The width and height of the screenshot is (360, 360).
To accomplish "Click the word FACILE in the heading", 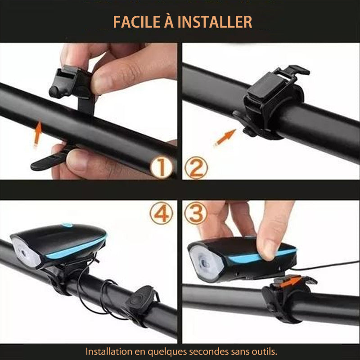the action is tap(137, 22).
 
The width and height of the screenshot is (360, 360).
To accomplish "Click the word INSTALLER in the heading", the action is tap(215, 22).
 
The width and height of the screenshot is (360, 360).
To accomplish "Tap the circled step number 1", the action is tap(161, 167).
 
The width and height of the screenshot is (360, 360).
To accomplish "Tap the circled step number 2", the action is tap(196, 167).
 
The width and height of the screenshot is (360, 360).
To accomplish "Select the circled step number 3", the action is tap(196, 213).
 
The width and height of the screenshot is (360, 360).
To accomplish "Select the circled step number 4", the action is tap(161, 213).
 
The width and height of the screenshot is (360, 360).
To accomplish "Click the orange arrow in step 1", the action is tap(37, 134).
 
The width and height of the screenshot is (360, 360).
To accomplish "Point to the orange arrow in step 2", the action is tap(225, 138).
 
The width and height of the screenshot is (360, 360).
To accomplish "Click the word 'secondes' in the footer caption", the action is tap(209, 351).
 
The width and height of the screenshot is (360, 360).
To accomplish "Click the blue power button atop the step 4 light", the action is tap(67, 225).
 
